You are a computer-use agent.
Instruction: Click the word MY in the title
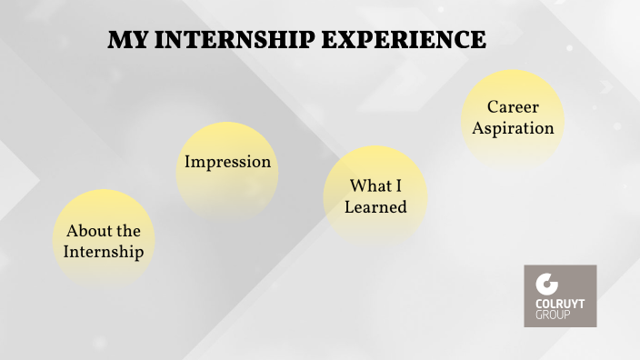[x=125, y=41]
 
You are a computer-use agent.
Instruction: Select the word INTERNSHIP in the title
[x=238, y=41]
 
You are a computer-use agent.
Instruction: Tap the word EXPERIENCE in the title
[x=409, y=41]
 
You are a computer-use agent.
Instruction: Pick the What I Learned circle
[x=375, y=195]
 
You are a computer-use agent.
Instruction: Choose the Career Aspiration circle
[x=513, y=118]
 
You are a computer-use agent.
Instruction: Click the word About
[x=88, y=231]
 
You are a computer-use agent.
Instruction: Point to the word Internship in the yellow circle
[x=104, y=252]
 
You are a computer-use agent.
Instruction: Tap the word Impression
[x=227, y=162]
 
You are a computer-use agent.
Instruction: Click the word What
[x=369, y=186]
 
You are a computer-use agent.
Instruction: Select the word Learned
[x=375, y=207]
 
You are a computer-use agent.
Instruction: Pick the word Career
[x=513, y=107]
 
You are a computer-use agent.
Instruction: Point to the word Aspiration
[x=513, y=128]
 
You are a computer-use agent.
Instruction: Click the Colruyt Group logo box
[x=560, y=295]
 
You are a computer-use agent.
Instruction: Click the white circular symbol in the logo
[x=546, y=284]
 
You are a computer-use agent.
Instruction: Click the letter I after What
[x=396, y=186]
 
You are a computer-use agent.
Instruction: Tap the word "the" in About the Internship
[x=128, y=231]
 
